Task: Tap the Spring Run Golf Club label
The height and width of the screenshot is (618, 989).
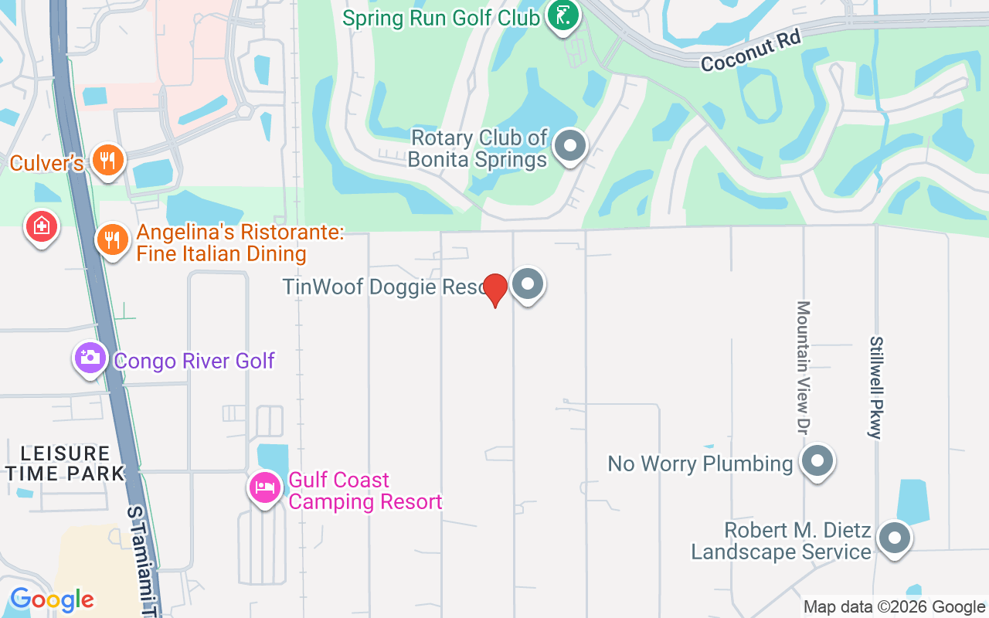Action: (x=441, y=18)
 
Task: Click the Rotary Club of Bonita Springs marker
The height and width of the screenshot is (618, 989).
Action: (x=571, y=145)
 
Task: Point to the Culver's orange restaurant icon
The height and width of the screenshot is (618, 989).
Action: (x=108, y=160)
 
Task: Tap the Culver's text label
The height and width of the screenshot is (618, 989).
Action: (x=46, y=163)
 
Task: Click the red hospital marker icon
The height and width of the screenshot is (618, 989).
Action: (x=42, y=226)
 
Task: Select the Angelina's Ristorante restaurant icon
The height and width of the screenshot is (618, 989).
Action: (x=113, y=239)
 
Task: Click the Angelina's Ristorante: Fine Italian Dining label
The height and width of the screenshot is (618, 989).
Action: (x=240, y=243)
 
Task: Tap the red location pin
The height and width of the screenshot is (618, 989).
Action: (x=494, y=290)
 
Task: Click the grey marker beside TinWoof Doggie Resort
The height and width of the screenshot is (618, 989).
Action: (x=528, y=284)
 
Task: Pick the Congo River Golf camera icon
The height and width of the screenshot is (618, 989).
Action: (x=90, y=358)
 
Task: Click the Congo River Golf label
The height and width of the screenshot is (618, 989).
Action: (x=194, y=361)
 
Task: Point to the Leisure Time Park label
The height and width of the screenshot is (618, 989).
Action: (x=65, y=463)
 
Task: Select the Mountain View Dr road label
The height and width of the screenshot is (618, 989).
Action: (x=804, y=367)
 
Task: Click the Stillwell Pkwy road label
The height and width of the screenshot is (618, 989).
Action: (x=876, y=387)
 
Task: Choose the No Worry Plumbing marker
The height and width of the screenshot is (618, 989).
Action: (x=817, y=462)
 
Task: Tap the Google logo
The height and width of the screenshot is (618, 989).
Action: (x=52, y=599)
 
